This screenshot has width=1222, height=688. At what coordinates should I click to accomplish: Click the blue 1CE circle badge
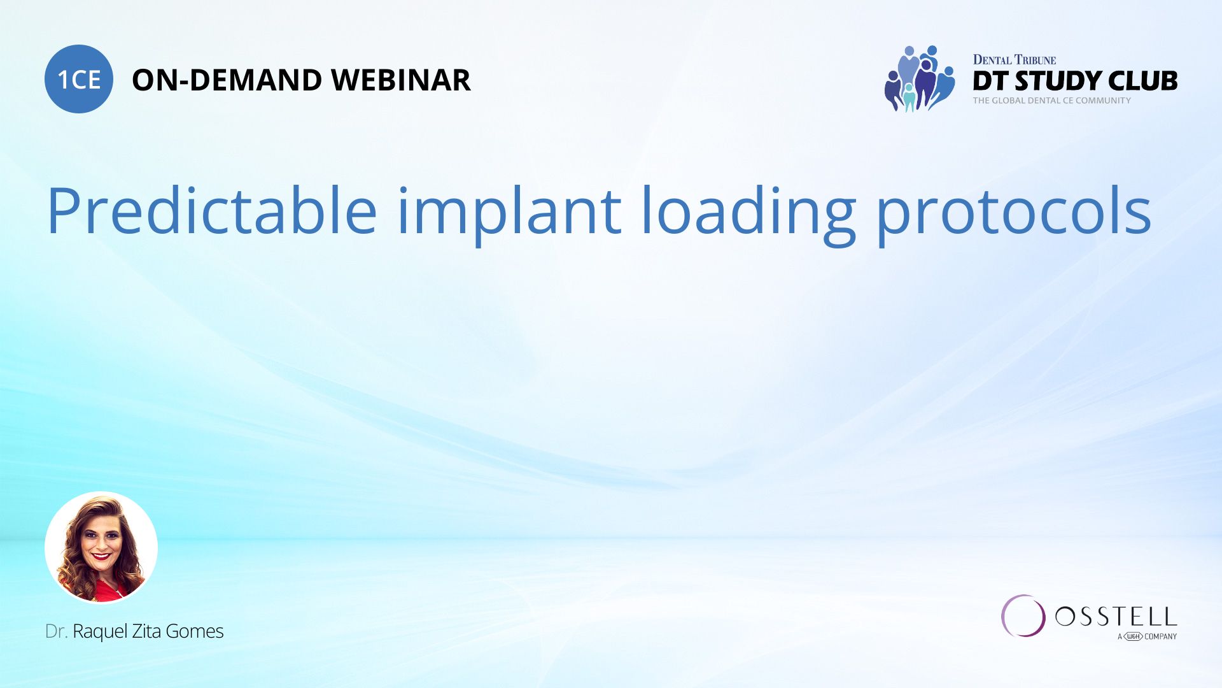click(x=79, y=79)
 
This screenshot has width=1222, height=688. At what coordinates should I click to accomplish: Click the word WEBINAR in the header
click(x=400, y=80)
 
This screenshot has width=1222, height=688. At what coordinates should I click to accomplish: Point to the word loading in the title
click(x=748, y=213)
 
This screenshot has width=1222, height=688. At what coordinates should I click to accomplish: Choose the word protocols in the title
click(x=1014, y=213)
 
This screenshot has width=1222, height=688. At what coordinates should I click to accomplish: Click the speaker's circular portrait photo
click(x=101, y=547)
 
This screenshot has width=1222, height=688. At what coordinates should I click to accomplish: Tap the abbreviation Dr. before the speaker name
click(x=56, y=631)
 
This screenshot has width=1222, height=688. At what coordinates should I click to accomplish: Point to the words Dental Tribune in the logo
click(x=1014, y=60)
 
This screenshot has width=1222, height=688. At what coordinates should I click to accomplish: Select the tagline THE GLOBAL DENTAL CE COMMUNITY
click(x=1051, y=101)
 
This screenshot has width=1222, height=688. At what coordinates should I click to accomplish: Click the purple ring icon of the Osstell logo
click(x=1023, y=616)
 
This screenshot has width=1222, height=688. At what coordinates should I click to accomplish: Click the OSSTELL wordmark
click(x=1116, y=616)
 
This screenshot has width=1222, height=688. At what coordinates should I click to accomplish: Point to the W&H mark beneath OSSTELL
click(x=1133, y=636)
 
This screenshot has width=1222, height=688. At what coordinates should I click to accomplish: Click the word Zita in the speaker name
click(x=148, y=631)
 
